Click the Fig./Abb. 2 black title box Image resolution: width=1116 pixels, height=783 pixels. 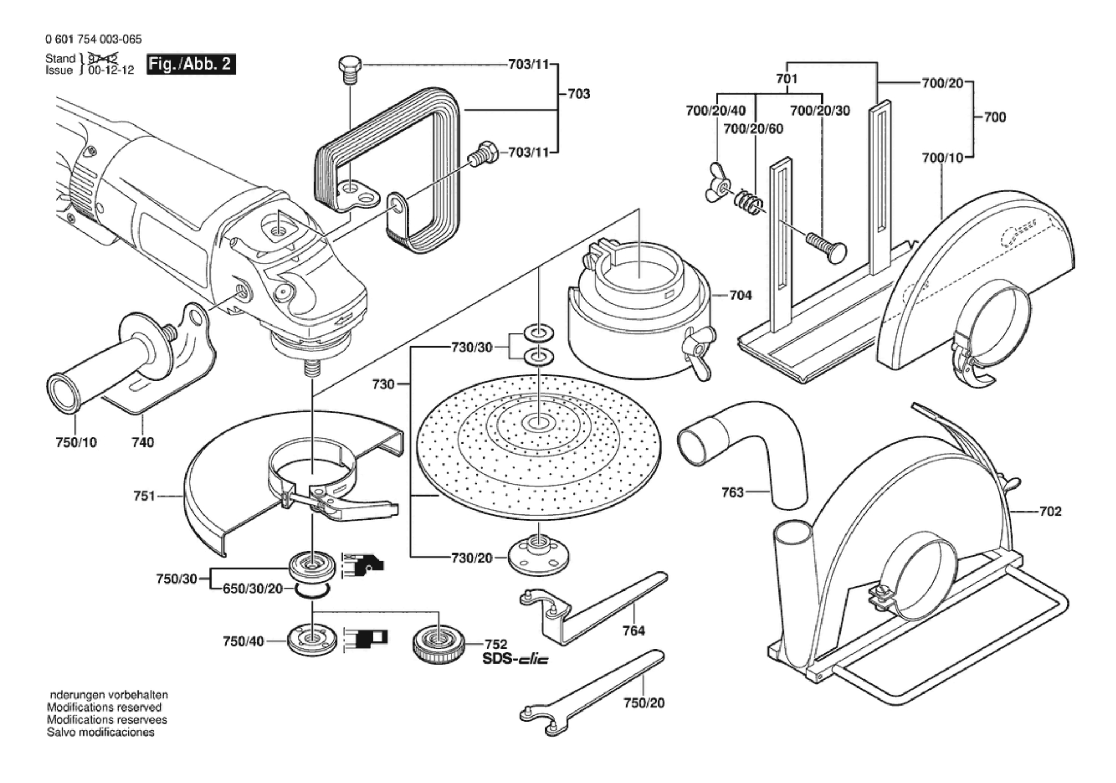[191, 64]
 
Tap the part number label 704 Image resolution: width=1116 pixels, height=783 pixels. [740, 296]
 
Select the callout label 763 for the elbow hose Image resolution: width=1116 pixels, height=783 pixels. [732, 492]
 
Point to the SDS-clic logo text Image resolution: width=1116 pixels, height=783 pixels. [515, 659]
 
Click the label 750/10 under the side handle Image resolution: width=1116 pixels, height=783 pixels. [76, 442]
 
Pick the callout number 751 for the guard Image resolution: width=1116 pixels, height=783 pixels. [144, 496]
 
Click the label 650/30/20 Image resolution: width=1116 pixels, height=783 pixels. [253, 589]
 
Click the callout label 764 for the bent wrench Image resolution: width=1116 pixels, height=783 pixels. [633, 631]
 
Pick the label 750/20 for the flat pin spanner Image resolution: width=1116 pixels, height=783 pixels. [644, 703]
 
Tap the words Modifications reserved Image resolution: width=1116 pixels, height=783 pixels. [104, 707]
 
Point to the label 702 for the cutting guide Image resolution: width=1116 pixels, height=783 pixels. [1050, 511]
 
